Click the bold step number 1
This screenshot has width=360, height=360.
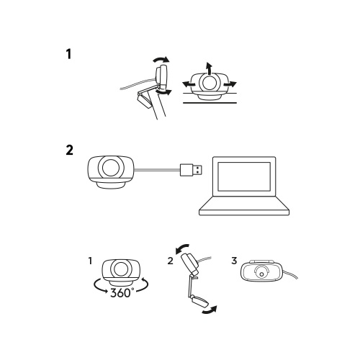click(x=69, y=54)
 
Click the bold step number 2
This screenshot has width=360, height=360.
click(x=69, y=150)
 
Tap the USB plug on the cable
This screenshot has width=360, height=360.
click(x=191, y=170)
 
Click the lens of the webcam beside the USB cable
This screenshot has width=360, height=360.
click(x=110, y=168)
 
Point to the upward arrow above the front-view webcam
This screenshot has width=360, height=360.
click(x=209, y=68)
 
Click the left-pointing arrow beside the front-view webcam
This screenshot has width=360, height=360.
click(x=189, y=84)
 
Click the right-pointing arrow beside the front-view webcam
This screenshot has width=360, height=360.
click(x=230, y=84)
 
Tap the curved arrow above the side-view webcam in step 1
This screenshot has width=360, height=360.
click(x=161, y=59)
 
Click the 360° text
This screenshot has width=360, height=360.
click(x=122, y=292)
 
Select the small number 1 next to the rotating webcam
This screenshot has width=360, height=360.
click(x=90, y=261)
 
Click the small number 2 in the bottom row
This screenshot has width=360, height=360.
click(x=170, y=261)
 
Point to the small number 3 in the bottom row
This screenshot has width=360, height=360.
click(x=234, y=261)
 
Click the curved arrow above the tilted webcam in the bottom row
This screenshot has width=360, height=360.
click(x=181, y=248)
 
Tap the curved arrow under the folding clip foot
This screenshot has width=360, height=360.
click(x=210, y=310)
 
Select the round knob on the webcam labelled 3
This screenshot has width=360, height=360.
click(x=262, y=273)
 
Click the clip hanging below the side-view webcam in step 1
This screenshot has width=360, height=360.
click(x=144, y=99)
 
